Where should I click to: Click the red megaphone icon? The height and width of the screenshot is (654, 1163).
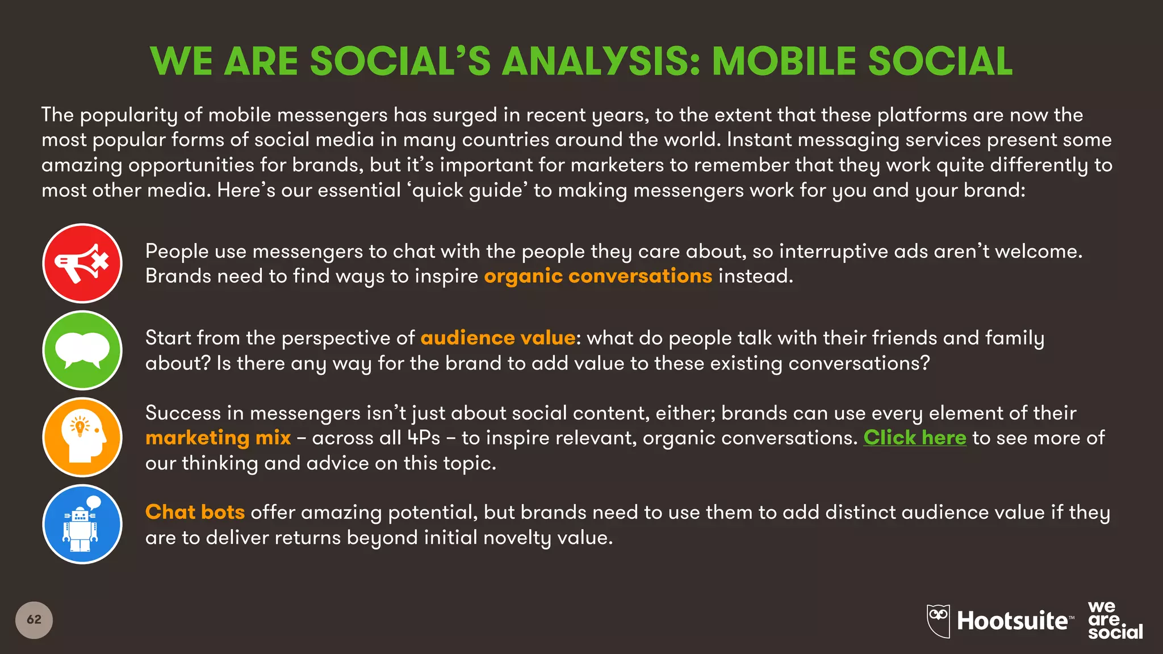82,263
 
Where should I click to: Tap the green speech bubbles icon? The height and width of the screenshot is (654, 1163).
82,350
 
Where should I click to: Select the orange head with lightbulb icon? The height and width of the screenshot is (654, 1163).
82,437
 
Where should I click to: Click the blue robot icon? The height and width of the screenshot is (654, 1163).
82,524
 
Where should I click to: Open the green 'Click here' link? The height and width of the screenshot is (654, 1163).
914,438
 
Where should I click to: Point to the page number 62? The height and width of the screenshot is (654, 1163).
34,619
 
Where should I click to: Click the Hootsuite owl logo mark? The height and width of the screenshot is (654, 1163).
938,620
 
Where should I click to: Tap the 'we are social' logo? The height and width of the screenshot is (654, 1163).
1114,620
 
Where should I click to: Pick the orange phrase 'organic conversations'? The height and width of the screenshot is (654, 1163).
597,276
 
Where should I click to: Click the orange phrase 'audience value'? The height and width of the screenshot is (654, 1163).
498,338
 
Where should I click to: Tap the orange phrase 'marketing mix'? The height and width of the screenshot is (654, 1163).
218,438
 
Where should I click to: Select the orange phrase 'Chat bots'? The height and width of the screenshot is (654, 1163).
195,512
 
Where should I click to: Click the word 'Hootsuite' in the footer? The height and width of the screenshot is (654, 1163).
1012,621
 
